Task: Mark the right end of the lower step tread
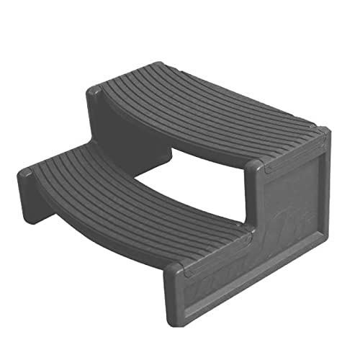coord(216,248)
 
